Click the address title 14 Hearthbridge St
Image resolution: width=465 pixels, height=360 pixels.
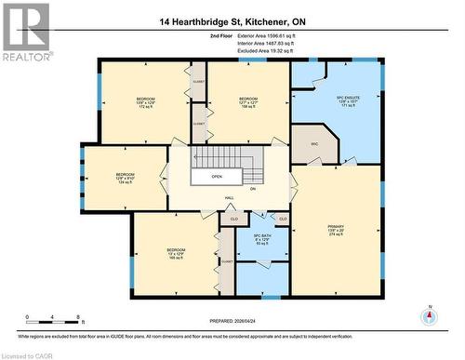click(x=232, y=20)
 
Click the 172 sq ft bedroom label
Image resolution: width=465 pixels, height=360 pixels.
click(x=146, y=102)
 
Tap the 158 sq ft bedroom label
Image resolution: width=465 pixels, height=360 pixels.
click(x=248, y=102)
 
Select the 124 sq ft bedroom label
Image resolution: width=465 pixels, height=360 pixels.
click(x=125, y=178)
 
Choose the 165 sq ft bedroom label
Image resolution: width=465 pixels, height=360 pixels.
click(x=176, y=253)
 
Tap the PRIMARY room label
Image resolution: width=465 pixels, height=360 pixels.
click(x=336, y=230)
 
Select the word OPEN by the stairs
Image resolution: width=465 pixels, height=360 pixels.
click(x=216, y=176)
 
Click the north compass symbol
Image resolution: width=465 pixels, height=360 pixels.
click(x=429, y=316)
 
